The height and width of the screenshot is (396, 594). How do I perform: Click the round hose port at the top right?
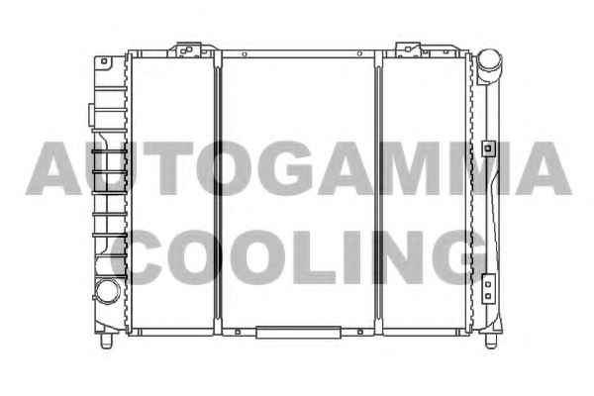click(489, 61)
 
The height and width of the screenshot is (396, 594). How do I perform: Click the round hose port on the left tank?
click(107, 291)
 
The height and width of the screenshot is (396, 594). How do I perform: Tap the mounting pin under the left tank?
click(107, 341)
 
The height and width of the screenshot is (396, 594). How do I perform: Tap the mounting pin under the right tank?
click(491, 341)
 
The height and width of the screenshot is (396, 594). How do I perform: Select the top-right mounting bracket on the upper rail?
click(414, 49)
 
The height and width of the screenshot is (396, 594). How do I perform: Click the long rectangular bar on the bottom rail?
click(299, 333)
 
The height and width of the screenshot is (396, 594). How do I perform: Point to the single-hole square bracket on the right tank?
click(488, 148)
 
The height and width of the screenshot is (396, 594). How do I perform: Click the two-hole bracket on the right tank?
click(488, 289)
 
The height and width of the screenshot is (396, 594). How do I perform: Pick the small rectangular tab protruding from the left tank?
click(91, 115)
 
